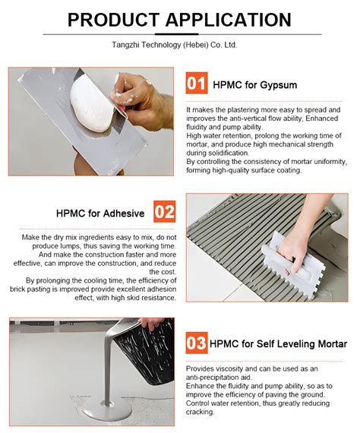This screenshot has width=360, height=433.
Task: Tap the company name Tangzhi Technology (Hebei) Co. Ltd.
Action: point(180,45)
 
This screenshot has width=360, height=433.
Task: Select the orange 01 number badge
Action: point(197,83)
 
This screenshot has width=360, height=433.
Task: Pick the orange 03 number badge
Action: point(197,343)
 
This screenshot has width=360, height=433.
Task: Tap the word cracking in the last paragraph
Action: point(202,412)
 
